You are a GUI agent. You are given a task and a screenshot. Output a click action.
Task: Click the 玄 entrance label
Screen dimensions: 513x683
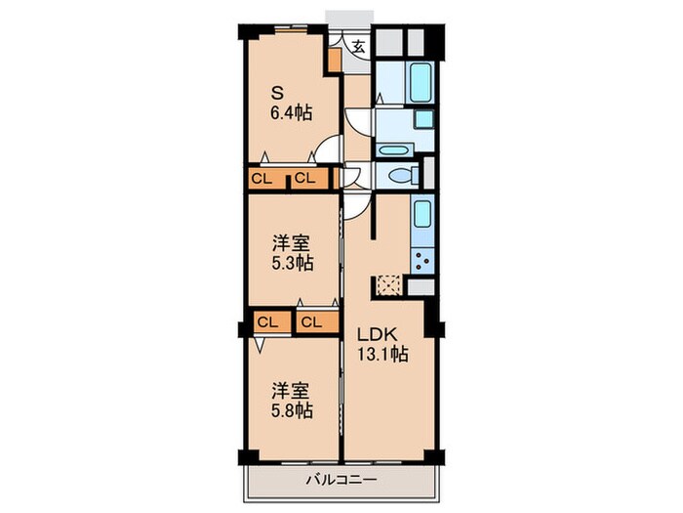359,46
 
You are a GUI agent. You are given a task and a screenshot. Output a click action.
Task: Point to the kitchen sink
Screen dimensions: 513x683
422,213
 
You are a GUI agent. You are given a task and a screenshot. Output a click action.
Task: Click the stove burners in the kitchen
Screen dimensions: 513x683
424,262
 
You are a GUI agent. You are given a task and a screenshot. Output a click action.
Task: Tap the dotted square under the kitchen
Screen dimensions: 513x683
389,286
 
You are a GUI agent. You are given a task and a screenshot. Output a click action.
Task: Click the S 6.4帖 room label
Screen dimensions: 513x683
291,104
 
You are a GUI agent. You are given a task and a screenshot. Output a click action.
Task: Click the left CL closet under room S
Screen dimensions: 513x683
261,178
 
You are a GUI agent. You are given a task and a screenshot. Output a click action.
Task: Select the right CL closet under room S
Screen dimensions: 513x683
305,178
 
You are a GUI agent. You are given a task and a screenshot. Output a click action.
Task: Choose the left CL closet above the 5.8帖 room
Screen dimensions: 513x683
268,321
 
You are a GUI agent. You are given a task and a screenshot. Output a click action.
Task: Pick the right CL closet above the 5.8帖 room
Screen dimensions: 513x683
312,321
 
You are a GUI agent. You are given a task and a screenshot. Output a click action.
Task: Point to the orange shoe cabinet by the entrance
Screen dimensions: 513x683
335,57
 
